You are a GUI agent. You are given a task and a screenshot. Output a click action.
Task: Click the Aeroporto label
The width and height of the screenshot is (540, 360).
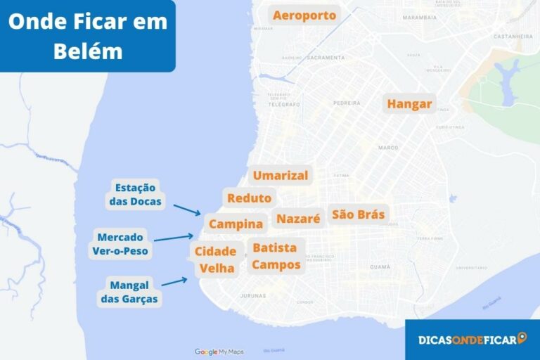pyautogui.click(x=304, y=15)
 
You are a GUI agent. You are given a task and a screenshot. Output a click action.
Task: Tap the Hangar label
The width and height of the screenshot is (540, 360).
pyautogui.click(x=409, y=104)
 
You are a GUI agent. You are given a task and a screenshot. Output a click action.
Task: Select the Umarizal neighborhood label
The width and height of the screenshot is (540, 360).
pyautogui.click(x=281, y=175)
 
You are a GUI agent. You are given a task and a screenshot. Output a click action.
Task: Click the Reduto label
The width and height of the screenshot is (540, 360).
pyautogui.click(x=249, y=198)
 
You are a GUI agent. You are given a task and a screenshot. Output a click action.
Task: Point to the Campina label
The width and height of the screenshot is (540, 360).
pyautogui.click(x=236, y=224)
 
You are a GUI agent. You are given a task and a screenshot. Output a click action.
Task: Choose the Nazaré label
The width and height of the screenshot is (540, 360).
pyautogui.click(x=298, y=219)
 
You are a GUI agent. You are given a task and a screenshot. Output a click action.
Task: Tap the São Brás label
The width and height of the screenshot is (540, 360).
pyautogui.click(x=359, y=214)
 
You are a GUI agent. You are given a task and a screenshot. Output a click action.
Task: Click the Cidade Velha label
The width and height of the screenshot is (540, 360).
pyautogui.click(x=216, y=259)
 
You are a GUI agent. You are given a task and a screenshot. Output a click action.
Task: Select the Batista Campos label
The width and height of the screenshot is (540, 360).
pyautogui.click(x=276, y=256)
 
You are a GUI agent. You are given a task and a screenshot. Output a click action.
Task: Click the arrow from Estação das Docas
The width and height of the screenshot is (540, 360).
pyautogui.click(x=187, y=209)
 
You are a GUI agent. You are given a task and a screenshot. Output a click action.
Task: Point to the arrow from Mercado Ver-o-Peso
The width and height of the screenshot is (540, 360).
pyautogui.click(x=173, y=238)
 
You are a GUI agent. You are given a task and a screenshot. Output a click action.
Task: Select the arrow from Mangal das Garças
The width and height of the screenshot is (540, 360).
pyautogui.click(x=174, y=282)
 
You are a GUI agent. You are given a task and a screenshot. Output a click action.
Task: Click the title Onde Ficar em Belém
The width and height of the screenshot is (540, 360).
pyautogui.click(x=87, y=36)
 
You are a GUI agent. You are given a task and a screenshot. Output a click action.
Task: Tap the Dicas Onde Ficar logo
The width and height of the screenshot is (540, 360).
pyautogui.click(x=472, y=340)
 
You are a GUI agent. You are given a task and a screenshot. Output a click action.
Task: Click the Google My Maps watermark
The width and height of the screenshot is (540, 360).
pyautogui.click(x=219, y=352)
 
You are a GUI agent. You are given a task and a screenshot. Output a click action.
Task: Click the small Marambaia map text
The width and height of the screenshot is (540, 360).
pyautogui.click(x=420, y=17)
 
